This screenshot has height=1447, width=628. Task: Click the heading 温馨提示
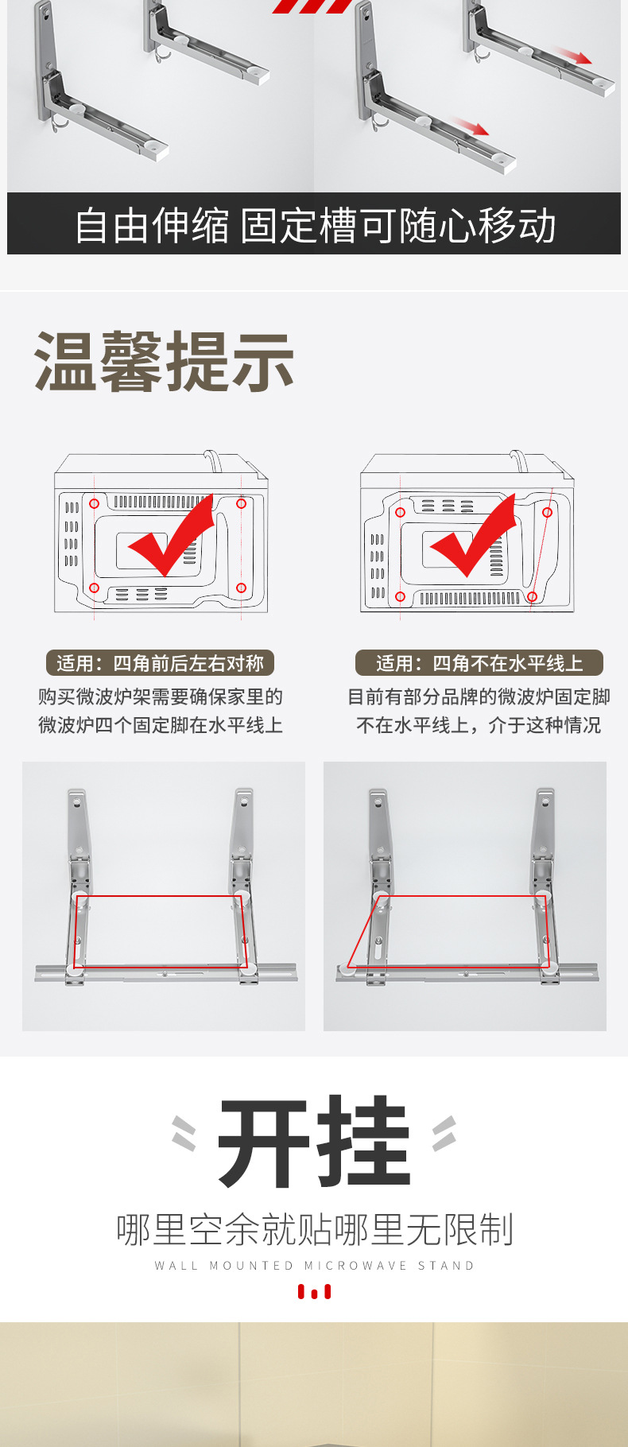point(164,363)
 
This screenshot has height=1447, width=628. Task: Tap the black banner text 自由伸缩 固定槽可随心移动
point(315,226)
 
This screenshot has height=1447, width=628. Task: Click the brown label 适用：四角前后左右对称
point(160,663)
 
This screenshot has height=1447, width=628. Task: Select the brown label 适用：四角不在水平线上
point(479,663)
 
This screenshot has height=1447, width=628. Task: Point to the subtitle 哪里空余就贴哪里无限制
point(315,1229)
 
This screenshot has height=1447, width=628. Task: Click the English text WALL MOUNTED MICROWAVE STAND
point(315,1266)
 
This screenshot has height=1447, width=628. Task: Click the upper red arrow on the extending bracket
point(573,56)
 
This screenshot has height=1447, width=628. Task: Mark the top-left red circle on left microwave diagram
point(94,503)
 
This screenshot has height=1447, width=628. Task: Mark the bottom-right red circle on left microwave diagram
point(241,588)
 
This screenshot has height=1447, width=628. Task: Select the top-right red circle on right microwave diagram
point(547,513)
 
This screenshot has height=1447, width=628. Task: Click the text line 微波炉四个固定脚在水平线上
point(160,725)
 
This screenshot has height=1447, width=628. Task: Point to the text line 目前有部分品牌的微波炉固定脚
point(479,697)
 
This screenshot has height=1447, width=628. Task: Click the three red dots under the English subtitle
point(315,1292)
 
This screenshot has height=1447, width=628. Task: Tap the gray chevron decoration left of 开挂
point(184,1133)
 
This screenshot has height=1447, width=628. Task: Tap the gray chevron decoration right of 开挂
point(444,1133)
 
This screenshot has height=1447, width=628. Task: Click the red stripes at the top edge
point(312,6)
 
